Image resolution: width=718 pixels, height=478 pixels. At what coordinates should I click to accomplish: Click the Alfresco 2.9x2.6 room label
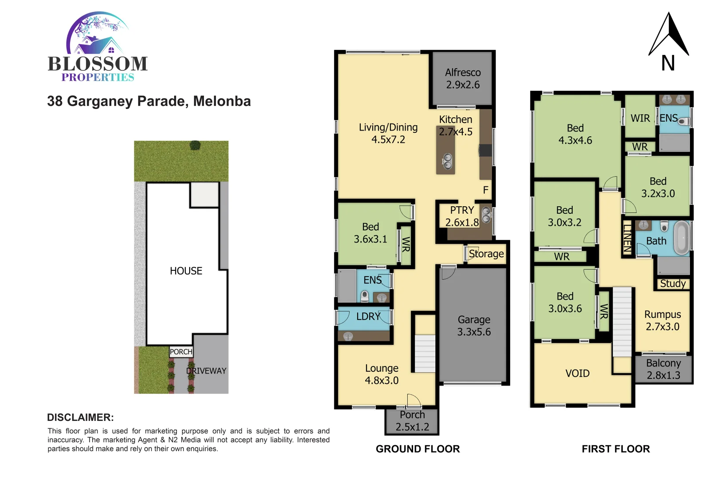click(463, 78)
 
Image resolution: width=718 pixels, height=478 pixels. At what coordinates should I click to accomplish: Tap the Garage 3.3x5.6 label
click(474, 326)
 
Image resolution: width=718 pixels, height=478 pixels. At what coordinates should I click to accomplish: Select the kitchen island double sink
click(448, 162)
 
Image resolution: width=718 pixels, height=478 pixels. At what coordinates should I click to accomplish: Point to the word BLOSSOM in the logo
click(98, 64)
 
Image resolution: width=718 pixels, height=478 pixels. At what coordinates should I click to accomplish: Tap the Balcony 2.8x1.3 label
click(663, 369)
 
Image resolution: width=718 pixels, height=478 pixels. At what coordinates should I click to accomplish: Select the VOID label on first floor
click(578, 374)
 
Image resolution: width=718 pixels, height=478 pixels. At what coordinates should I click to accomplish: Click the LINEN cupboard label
click(627, 239)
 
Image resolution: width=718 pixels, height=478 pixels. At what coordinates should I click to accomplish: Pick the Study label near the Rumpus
click(672, 284)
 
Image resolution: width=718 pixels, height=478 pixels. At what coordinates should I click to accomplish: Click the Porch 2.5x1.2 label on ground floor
click(412, 421)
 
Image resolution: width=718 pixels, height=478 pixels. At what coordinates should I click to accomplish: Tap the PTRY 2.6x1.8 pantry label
click(462, 216)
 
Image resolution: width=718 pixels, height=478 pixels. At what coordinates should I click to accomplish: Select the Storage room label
click(486, 254)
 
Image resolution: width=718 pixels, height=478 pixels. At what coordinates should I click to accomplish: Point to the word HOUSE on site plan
click(186, 271)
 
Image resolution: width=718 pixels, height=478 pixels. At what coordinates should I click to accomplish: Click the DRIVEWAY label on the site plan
click(206, 371)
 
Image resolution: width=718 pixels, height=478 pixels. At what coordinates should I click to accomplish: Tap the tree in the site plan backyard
click(195, 145)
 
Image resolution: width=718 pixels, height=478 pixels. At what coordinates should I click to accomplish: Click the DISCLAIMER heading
click(80, 417)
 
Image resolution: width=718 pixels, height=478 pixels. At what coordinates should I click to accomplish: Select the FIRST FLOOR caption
click(616, 449)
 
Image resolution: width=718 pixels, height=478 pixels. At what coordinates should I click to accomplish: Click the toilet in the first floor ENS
click(684, 121)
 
